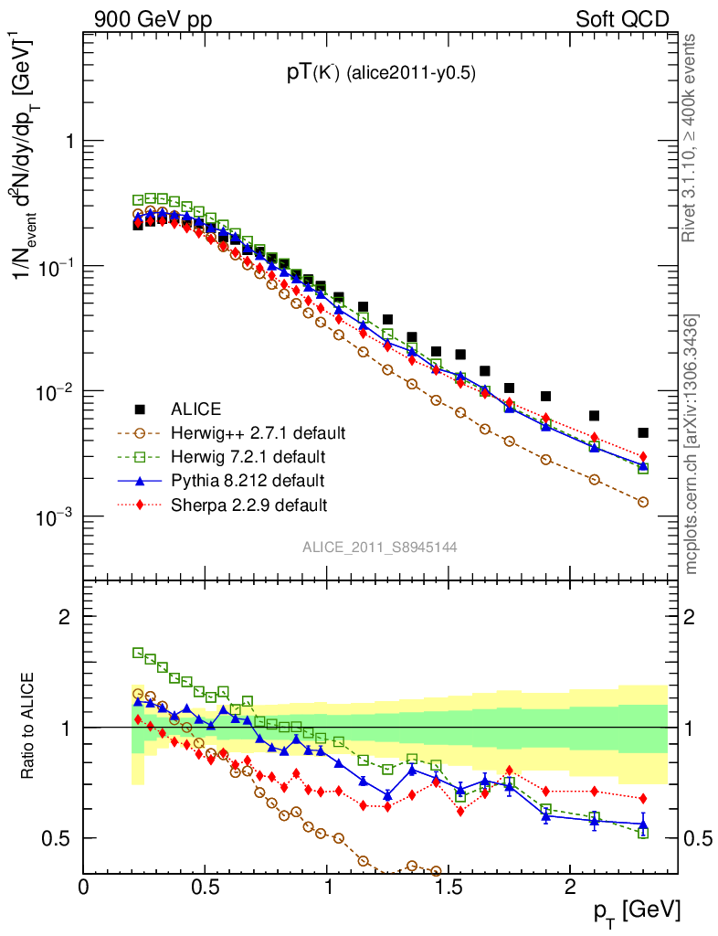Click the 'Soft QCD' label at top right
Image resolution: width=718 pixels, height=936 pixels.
(622, 18)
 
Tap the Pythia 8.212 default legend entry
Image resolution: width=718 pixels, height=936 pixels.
(247, 480)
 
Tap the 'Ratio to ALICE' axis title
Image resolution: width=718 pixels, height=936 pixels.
(30, 726)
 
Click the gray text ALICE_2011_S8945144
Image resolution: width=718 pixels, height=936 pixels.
(380, 547)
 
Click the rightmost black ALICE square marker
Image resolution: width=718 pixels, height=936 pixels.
(643, 432)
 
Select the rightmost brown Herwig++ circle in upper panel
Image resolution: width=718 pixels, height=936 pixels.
(643, 502)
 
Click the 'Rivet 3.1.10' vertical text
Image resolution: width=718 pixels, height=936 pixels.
(691, 137)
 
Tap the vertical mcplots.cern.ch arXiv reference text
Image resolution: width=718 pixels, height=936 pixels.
(691, 443)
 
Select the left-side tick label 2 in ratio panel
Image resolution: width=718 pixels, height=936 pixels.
(66, 617)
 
